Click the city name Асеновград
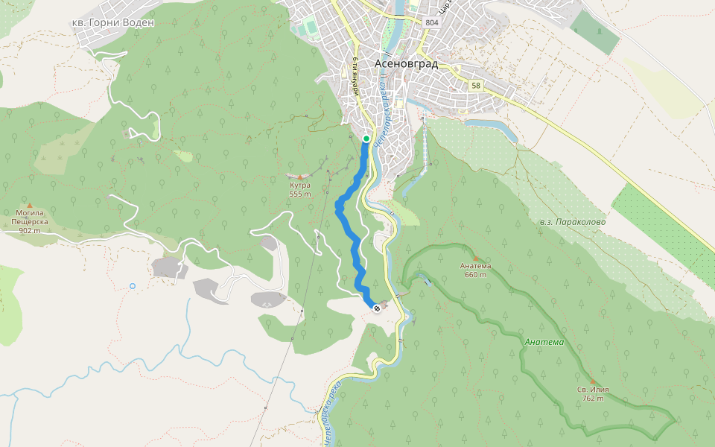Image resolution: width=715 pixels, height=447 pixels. (x=406, y=63)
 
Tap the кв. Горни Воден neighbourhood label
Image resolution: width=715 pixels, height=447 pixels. (x=112, y=22)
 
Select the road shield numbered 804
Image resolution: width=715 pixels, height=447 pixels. (x=432, y=23)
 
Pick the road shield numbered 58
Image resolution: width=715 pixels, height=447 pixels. (x=475, y=86)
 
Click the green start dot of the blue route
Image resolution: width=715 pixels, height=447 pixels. (x=366, y=139)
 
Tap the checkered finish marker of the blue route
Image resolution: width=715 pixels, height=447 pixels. (x=377, y=307)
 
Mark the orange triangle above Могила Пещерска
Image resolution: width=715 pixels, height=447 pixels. (x=30, y=206)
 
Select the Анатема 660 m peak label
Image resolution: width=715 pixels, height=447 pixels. (x=475, y=270)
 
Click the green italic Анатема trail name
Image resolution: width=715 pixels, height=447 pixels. (x=544, y=342)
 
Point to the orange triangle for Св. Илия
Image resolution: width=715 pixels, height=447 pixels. (x=593, y=381)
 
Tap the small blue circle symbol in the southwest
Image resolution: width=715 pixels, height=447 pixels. (x=133, y=285)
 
